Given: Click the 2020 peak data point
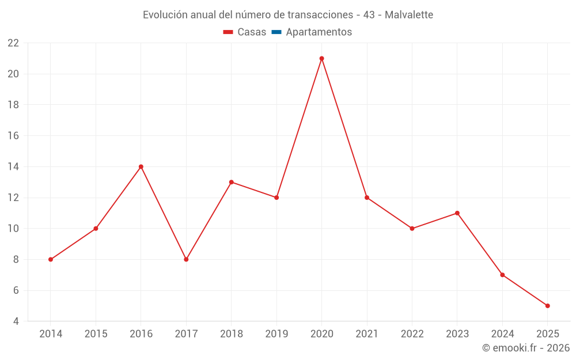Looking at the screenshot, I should tap(321, 58).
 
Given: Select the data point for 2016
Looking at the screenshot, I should tap(141, 166).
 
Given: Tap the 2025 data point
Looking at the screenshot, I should tap(547, 306).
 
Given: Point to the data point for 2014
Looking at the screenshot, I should tap(51, 259).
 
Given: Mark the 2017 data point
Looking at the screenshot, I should tap(186, 259).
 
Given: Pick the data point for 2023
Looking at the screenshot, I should tap(457, 213).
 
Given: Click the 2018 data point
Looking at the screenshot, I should tap(231, 182).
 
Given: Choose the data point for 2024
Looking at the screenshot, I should tap(502, 275).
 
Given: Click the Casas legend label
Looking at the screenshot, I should tap(252, 32).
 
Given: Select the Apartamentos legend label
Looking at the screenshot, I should tap(319, 32).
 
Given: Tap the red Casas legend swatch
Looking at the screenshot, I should tap(228, 32).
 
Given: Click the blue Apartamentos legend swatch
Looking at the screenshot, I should tap(276, 32).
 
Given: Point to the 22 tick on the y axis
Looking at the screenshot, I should tap(13, 43).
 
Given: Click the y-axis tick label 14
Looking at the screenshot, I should tap(13, 166).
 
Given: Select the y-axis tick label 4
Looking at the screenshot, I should tap(16, 321).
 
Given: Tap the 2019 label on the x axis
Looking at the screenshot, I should tap(276, 334).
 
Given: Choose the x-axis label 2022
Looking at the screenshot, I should tap(412, 334).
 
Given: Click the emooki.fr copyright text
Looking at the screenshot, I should tap(526, 348).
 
